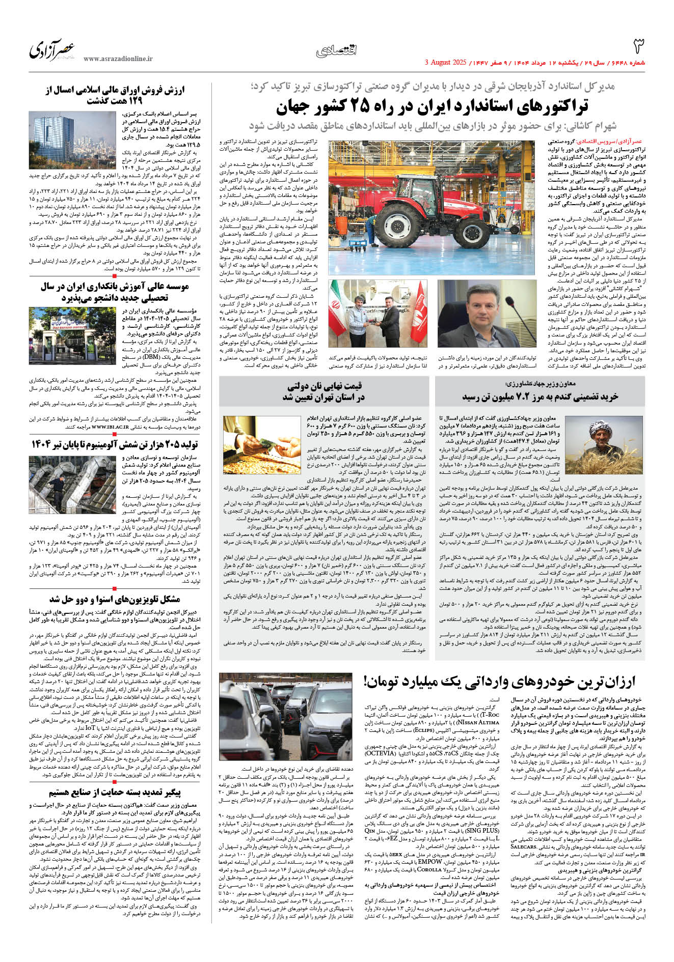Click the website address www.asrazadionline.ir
click(118, 59)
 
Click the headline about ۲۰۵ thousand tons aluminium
click(115, 445)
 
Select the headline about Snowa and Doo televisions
click(115, 599)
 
